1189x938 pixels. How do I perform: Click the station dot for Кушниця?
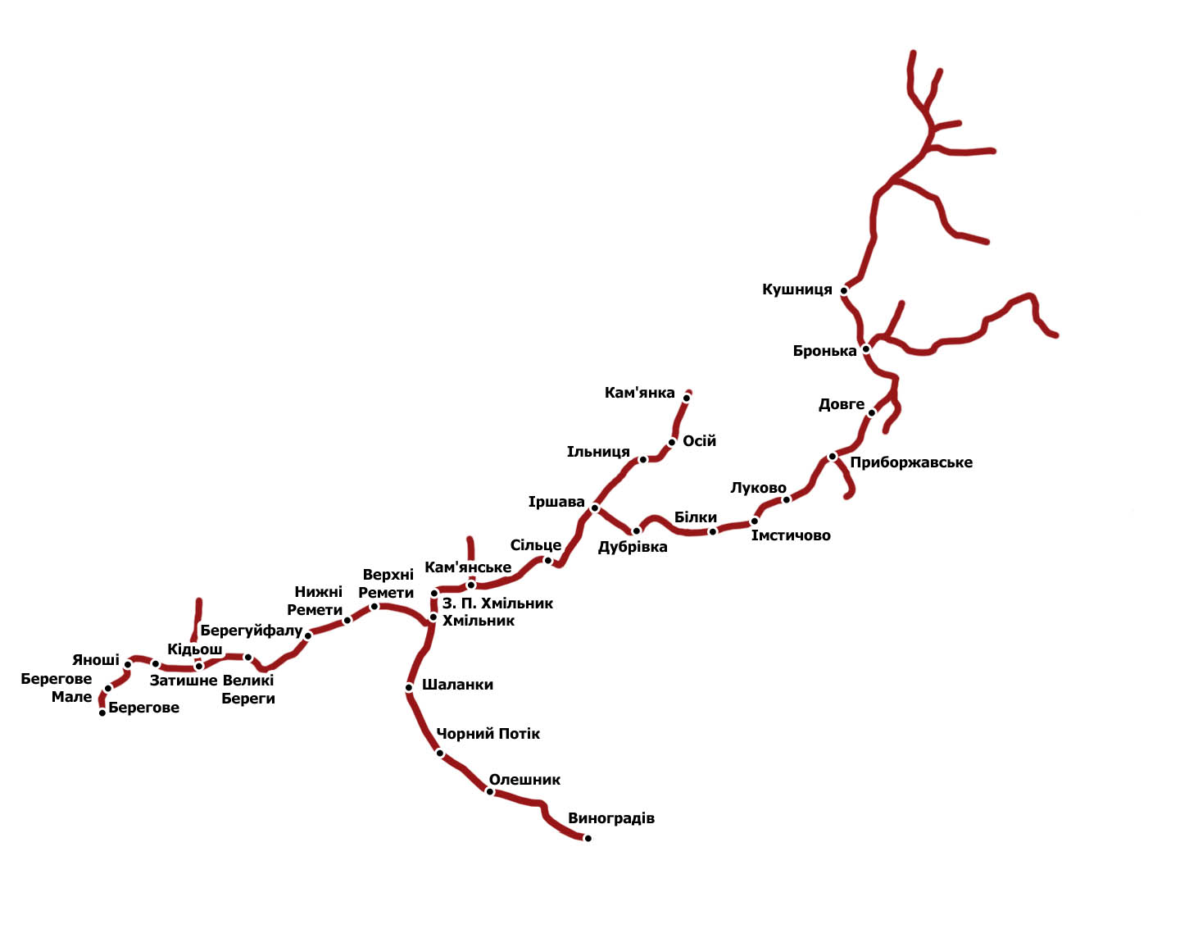[x=844, y=291]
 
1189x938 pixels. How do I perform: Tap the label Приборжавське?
[x=911, y=462]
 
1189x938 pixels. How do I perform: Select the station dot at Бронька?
[x=865, y=348]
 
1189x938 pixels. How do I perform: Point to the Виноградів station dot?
[x=588, y=838]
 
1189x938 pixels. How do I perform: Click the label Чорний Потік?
[x=488, y=734]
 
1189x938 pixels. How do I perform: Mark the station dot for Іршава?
[x=595, y=508]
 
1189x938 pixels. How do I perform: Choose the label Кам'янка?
[x=639, y=393]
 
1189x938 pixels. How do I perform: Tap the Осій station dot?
[x=672, y=443]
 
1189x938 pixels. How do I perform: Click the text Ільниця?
[x=598, y=452]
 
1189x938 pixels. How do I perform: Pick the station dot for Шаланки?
[x=409, y=688]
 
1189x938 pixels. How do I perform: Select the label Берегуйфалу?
[x=252, y=631]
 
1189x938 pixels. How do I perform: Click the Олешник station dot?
[x=490, y=791]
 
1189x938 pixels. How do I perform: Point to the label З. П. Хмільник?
[x=497, y=603]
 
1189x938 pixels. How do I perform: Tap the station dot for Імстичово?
[x=754, y=521]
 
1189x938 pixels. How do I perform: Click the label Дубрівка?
[x=633, y=547]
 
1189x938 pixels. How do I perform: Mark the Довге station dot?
[x=871, y=412]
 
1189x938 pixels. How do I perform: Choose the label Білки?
[x=695, y=517]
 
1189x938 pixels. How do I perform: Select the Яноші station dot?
[x=128, y=665]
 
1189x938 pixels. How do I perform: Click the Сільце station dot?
[x=548, y=561]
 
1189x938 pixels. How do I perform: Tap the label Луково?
[x=758, y=488]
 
